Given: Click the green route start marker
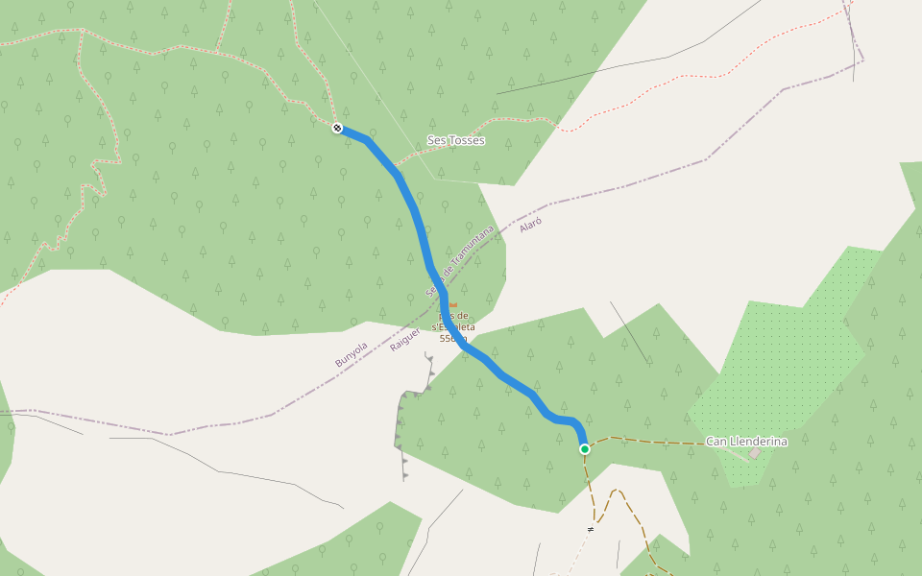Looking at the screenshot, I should [584, 448].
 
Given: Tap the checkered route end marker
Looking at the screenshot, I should [337, 129].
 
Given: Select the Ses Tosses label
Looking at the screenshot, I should [455, 140].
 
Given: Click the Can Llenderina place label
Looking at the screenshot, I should [746, 442].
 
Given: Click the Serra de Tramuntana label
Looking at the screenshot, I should [461, 260].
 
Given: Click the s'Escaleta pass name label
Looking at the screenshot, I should [453, 326].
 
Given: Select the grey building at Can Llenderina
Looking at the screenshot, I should [755, 453].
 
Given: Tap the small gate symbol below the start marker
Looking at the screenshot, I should [591, 528].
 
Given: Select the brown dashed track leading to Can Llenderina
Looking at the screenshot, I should [653, 442].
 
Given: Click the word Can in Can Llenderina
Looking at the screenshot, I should [716, 442].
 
